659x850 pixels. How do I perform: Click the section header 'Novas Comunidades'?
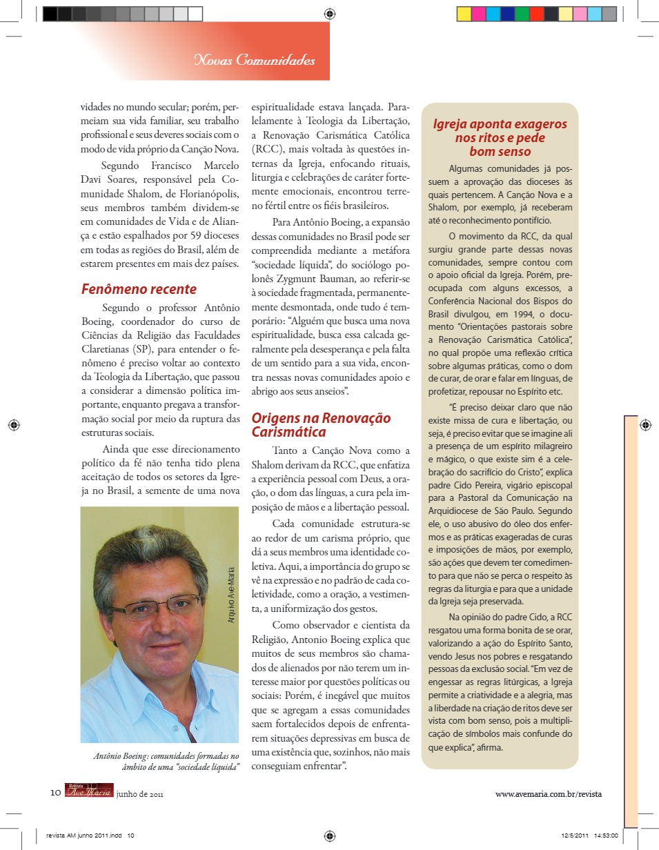(255, 61)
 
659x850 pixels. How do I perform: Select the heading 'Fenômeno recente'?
(139, 289)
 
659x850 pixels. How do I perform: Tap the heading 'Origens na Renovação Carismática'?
(321, 425)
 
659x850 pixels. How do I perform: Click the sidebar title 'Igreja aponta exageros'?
(500, 124)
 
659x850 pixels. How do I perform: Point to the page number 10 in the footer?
(56, 793)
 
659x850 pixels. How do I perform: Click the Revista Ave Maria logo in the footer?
(89, 791)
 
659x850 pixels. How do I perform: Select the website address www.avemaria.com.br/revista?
(549, 793)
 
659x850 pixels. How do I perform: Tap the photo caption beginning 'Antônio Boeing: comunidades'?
(166, 761)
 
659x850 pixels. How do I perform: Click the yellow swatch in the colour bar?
(464, 14)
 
